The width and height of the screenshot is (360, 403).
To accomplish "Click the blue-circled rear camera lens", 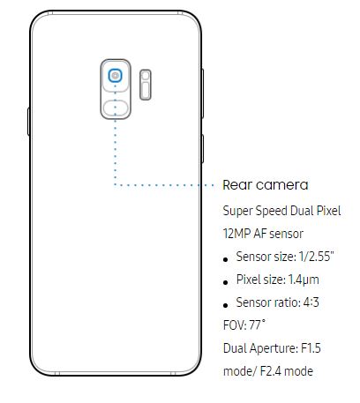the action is [115, 76].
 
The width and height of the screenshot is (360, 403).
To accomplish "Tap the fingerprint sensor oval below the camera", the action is [116, 108].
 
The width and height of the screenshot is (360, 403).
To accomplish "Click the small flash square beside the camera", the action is [146, 76].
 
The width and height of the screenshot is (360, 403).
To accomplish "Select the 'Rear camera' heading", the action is [266, 185].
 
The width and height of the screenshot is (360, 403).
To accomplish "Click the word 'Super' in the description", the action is [238, 212].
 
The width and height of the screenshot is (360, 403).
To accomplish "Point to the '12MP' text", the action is [236, 234].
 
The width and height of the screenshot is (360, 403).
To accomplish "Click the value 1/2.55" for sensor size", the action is [317, 257].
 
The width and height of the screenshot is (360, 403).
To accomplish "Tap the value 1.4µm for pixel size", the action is [304, 280].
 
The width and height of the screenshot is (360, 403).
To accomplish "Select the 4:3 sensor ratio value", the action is [311, 302].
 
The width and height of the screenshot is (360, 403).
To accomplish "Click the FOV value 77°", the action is [257, 325].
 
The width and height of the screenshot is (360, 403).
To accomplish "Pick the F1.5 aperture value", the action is [311, 348].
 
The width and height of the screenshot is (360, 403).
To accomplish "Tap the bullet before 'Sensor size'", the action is [226, 259].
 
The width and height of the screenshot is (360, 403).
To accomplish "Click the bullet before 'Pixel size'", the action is [226, 282].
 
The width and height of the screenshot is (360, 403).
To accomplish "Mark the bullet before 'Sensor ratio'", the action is [226, 305].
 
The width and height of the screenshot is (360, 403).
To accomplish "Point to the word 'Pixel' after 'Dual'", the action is [329, 211].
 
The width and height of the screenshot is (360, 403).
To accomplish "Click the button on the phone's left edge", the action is [28, 122].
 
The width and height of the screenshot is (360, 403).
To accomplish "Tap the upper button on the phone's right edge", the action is [202, 93].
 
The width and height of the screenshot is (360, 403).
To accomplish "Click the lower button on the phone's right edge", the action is [202, 149].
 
